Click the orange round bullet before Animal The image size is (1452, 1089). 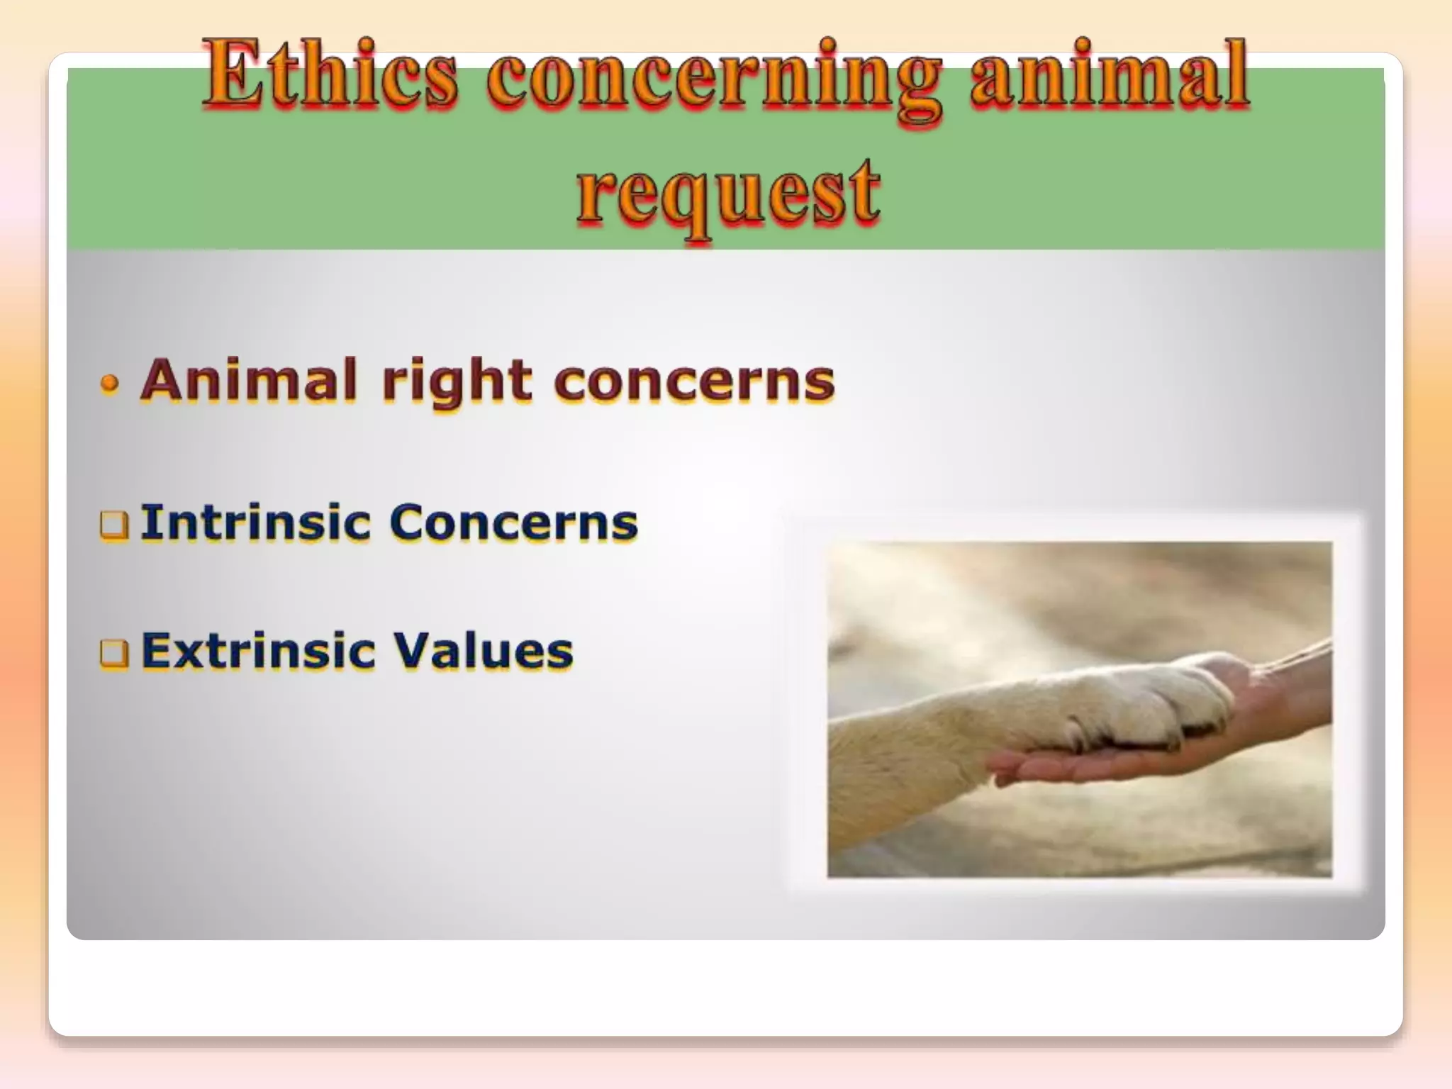[x=109, y=384]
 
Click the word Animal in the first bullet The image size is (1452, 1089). [x=248, y=380]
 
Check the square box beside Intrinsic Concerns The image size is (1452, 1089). [x=114, y=525]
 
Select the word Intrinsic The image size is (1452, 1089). [x=255, y=522]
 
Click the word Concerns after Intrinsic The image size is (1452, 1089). [x=513, y=523]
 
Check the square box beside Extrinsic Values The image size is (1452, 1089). [x=114, y=653]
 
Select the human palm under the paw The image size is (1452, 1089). [x=1106, y=762]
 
